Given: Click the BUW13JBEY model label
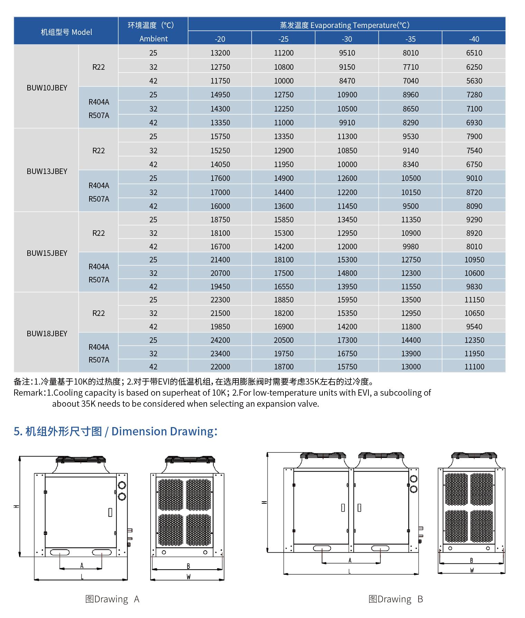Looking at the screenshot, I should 47,171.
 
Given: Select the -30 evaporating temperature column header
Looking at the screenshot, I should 347,39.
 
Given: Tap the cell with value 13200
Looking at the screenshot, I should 220,53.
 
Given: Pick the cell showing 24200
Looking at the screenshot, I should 220,340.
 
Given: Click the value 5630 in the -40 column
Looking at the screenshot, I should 474,81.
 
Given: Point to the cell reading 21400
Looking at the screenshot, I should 220,260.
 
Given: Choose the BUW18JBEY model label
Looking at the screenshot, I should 47,334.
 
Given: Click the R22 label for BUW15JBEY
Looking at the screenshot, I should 99,233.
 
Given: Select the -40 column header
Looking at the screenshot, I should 474,39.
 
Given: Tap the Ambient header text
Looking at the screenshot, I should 153,39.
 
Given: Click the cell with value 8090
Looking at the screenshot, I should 474,206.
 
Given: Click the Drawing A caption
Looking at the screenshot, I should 112,599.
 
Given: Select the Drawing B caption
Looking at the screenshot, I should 396,599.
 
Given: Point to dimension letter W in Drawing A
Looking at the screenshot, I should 188,576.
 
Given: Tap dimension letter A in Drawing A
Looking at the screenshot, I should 82,566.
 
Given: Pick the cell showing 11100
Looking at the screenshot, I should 474,367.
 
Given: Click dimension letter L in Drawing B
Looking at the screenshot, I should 349,571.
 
